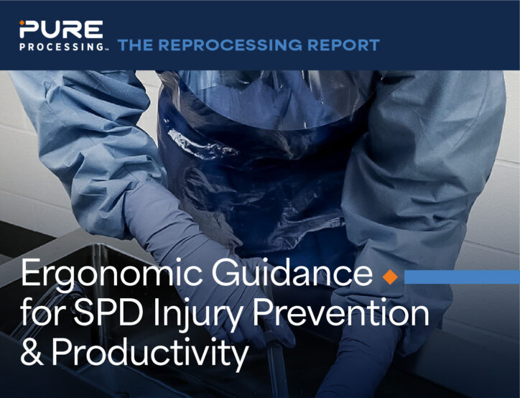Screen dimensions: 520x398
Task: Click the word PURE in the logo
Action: pos(61,29)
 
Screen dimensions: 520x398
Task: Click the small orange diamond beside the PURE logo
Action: pos(22,22)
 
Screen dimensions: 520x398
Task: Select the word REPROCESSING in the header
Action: pos(230,45)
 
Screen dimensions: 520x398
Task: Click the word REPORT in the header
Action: pos(343,45)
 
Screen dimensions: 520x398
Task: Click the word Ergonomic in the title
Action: pos(112,274)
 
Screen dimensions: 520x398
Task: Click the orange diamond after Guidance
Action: pos(390,277)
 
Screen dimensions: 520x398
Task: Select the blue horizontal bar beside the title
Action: pos(462,277)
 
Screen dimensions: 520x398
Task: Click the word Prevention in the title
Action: pos(340,312)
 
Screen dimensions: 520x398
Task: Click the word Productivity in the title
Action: pos(150,354)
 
